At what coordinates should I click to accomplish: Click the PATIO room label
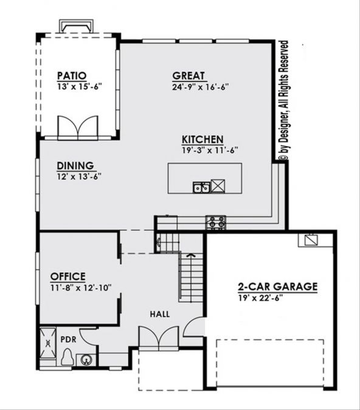[72, 76]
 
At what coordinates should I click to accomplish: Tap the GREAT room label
[189, 76]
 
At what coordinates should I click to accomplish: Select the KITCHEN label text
[202, 139]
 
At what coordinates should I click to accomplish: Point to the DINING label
[75, 166]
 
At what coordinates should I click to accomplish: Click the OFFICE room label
[68, 276]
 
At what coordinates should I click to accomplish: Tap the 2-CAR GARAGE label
[277, 287]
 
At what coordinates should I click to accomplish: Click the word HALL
[160, 314]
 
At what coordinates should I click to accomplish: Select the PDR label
[68, 340]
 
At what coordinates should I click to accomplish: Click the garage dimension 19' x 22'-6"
[260, 298]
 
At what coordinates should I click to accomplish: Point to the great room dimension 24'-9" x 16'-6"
[201, 87]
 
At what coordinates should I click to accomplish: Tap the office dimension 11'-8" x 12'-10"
[81, 288]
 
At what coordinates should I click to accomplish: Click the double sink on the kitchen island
[201, 187]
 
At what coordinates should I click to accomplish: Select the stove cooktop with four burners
[215, 222]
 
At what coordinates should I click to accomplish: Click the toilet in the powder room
[68, 357]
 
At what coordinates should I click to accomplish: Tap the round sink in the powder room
[86, 360]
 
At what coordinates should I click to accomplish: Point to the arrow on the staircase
[192, 255]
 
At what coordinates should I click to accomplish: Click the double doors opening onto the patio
[78, 127]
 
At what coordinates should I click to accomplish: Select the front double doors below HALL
[159, 337]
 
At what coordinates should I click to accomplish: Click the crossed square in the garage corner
[311, 240]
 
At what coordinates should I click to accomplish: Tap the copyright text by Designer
[284, 100]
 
